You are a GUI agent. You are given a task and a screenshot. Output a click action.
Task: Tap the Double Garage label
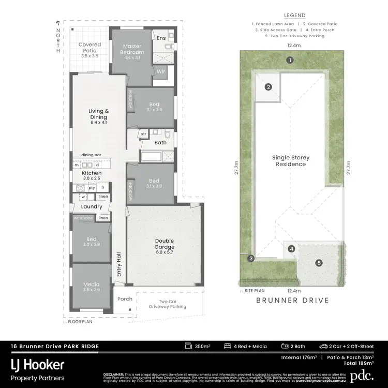(x=164, y=244)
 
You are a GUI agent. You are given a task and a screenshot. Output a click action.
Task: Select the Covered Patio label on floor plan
(x=89, y=48)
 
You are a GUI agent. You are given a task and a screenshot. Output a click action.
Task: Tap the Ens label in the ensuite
(x=161, y=37)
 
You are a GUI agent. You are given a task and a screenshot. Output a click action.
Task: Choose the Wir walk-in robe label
(x=160, y=71)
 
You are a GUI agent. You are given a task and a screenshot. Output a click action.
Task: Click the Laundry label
(x=91, y=207)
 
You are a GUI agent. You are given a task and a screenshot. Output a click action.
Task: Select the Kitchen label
(x=92, y=173)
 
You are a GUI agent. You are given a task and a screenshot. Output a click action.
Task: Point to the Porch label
(x=125, y=299)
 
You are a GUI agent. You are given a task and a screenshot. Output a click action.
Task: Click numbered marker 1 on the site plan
(x=291, y=60)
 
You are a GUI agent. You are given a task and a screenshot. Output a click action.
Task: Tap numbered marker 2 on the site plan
(x=268, y=87)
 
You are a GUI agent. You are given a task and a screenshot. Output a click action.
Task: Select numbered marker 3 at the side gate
(x=251, y=258)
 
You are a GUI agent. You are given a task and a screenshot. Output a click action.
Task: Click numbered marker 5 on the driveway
(x=319, y=263)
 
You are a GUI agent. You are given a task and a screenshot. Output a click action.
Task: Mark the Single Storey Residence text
(x=290, y=161)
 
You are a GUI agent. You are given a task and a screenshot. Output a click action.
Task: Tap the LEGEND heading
(x=295, y=16)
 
